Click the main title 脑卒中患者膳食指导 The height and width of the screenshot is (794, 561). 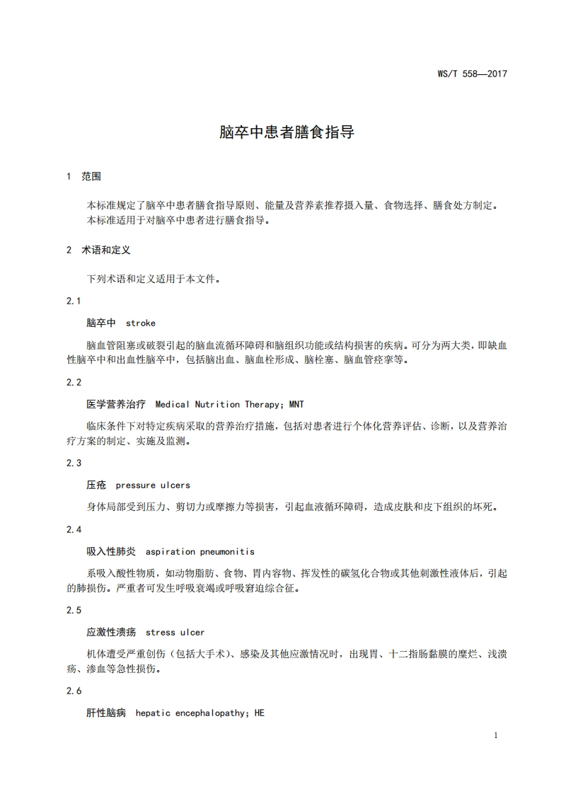[x=286, y=132]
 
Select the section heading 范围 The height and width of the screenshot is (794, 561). [x=92, y=176]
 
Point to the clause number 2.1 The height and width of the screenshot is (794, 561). [x=74, y=301]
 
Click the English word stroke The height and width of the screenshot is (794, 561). [x=140, y=323]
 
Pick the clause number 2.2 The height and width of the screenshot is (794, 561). [x=74, y=382]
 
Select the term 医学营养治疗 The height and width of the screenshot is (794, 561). [x=116, y=404]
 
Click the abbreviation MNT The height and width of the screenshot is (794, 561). [x=296, y=404]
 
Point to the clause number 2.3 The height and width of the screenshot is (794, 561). [x=74, y=463]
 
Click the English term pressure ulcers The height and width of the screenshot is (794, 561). [x=153, y=485]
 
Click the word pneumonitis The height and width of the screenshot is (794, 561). [x=226, y=551]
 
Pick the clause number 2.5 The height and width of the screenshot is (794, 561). [x=74, y=610]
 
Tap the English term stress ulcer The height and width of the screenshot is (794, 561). [x=175, y=632]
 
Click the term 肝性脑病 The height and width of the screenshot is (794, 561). [x=106, y=713]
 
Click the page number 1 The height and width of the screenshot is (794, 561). [x=496, y=736]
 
